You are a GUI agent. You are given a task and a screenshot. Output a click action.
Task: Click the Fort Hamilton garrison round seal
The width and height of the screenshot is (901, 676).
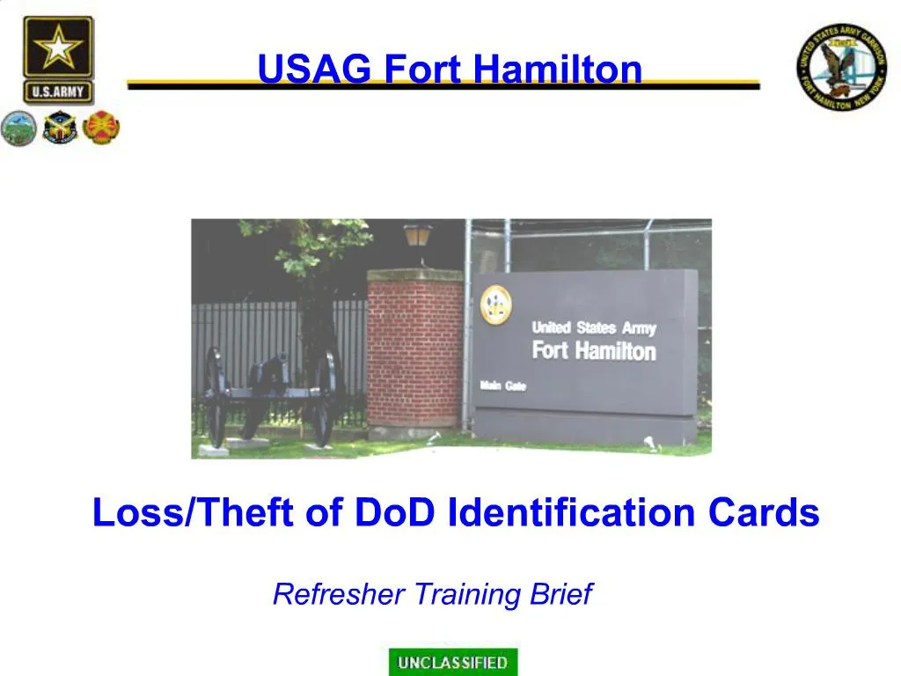[x=842, y=67]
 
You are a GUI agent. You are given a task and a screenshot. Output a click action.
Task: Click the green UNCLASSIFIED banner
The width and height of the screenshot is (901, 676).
[x=453, y=662]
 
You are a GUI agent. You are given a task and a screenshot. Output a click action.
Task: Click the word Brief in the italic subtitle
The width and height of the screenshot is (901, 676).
[x=561, y=595]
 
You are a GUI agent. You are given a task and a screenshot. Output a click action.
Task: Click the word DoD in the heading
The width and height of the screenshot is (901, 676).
[x=395, y=512]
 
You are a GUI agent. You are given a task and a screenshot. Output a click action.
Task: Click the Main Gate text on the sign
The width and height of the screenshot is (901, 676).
[x=502, y=386]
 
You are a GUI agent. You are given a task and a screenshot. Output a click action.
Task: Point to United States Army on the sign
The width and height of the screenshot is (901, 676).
[x=594, y=328]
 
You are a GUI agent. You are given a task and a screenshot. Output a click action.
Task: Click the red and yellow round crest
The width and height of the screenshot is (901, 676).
[x=101, y=129]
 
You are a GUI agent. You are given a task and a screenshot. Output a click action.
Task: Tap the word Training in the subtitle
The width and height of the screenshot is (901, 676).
[x=470, y=595]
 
